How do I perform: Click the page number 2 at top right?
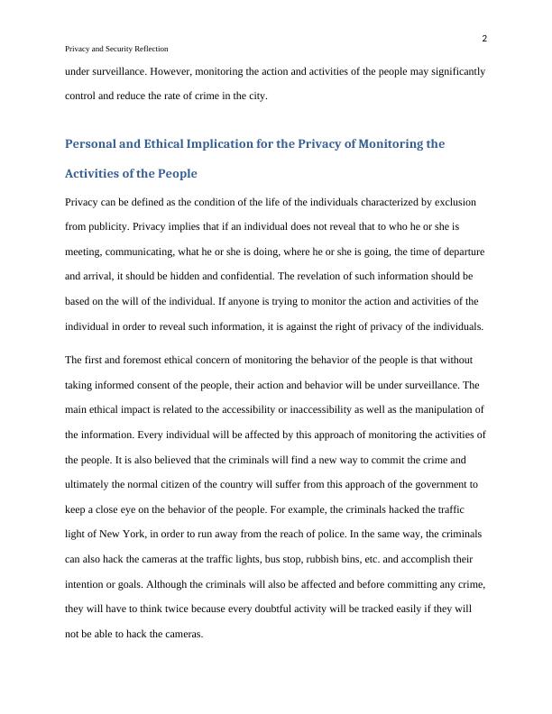[x=484, y=38]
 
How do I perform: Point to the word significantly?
[x=454, y=70]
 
